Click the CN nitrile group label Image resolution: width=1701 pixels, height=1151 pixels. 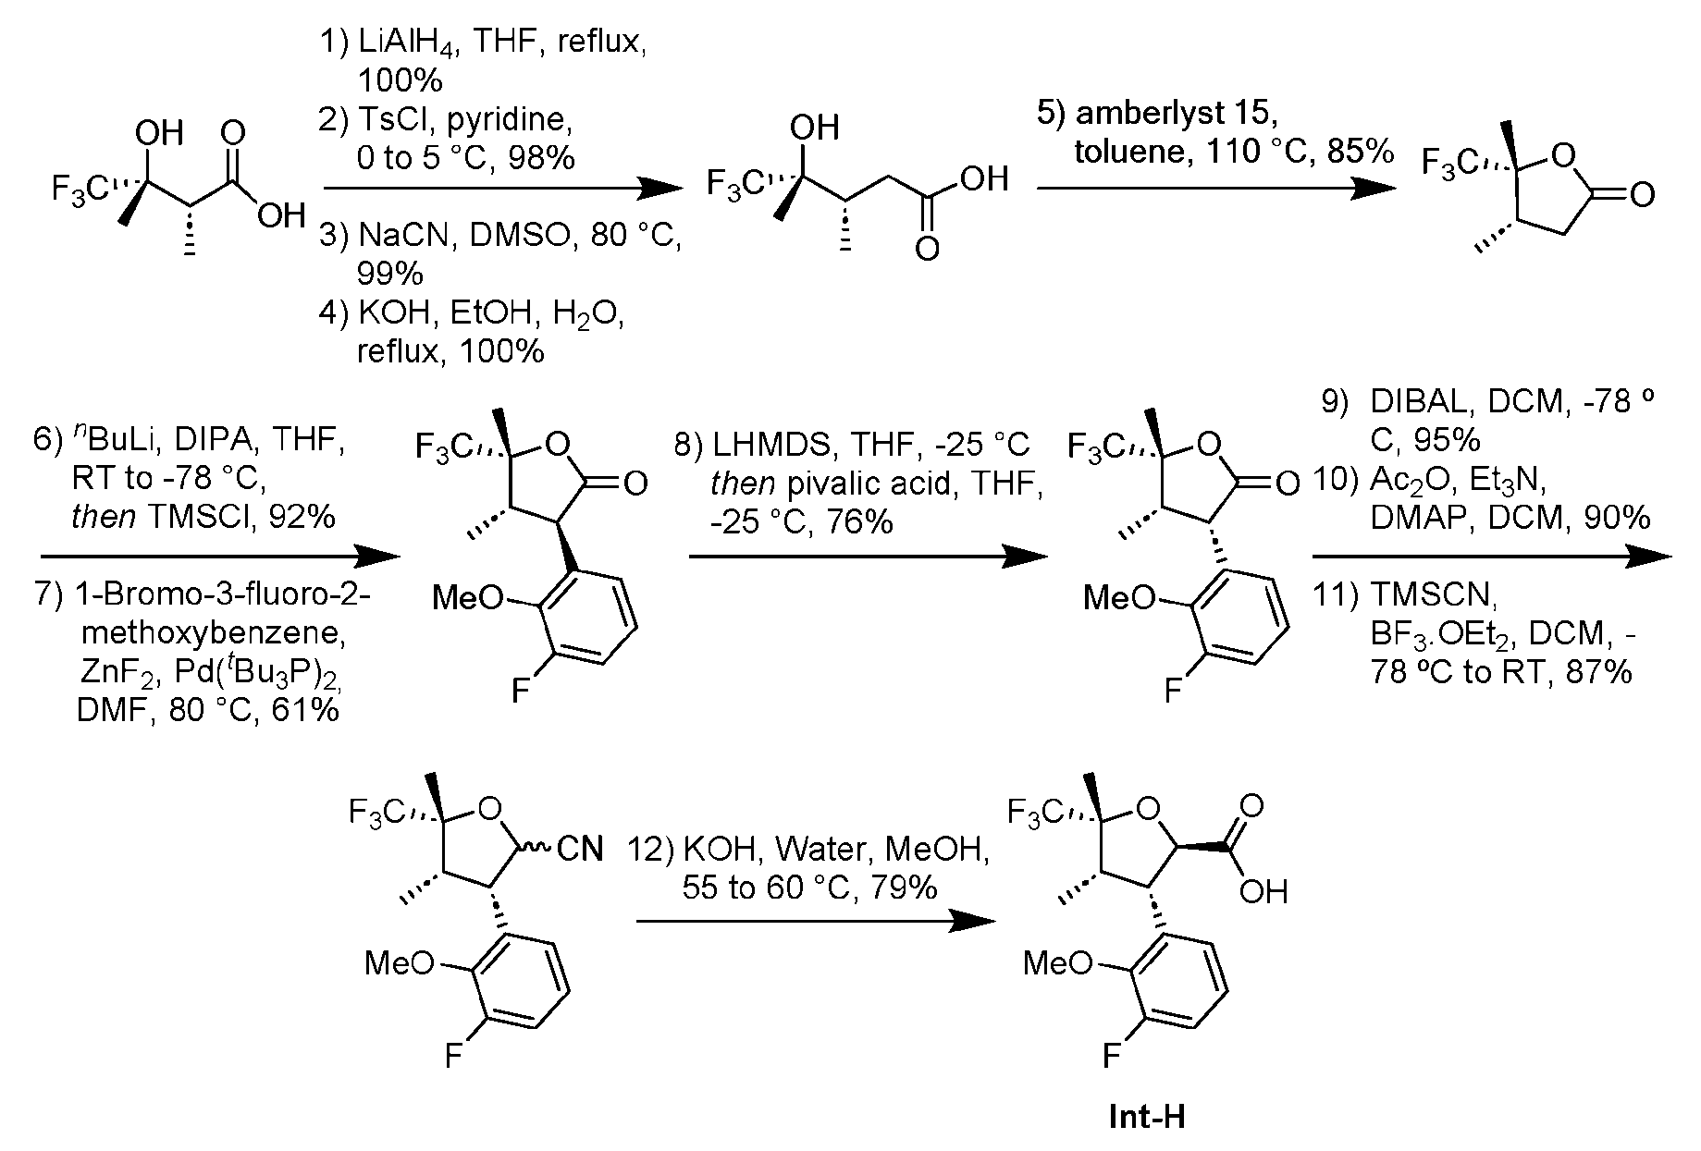tap(580, 848)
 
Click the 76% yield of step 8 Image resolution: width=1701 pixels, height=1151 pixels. tap(861, 523)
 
